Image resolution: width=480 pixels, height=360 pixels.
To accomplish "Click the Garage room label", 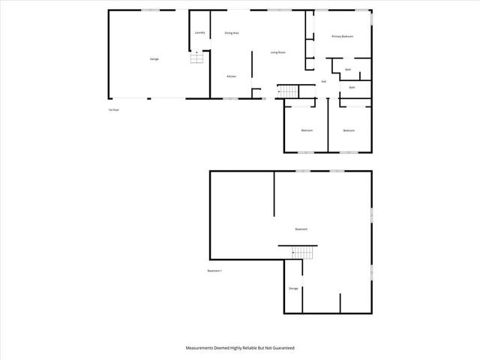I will [154, 58].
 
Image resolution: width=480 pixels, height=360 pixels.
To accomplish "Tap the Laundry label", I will [199, 33].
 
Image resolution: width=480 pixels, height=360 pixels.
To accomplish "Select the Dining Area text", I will [232, 34].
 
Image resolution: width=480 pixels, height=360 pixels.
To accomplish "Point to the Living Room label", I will [278, 52].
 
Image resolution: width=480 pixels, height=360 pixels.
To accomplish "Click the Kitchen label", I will [232, 76].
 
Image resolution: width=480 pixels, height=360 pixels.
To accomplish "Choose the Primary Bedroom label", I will [342, 36].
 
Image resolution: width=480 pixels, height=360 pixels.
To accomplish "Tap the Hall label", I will [323, 82].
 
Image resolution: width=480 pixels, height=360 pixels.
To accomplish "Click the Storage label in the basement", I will [293, 288].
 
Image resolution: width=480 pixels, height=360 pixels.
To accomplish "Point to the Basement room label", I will [301, 229].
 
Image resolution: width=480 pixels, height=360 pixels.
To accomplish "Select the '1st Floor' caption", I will [114, 110].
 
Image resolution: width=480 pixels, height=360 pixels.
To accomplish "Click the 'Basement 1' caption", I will [215, 271].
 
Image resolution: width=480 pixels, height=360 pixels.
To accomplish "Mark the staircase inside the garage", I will [196, 58].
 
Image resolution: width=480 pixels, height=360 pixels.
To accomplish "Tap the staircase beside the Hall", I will [289, 91].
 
